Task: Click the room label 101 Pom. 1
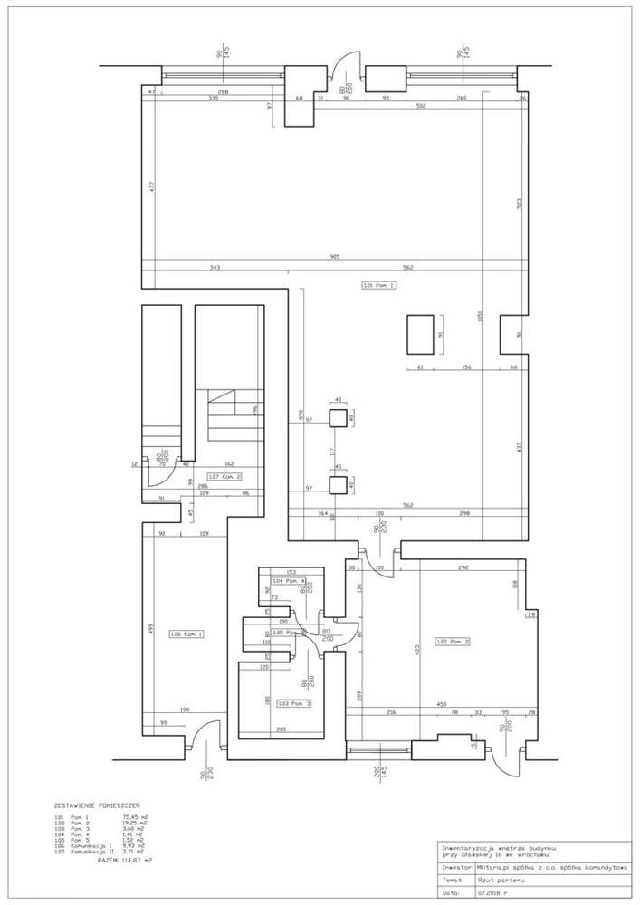[379, 285]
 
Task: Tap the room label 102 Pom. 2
[453, 642]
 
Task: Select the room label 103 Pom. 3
[295, 702]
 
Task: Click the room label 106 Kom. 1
[186, 633]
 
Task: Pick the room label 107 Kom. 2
[224, 476]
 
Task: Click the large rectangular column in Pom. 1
[418, 334]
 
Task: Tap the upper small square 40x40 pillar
[338, 417]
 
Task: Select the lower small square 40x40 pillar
[338, 485]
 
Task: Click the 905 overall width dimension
[335, 257]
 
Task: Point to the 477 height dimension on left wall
[151, 187]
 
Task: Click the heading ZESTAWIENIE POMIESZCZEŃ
[97, 804]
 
